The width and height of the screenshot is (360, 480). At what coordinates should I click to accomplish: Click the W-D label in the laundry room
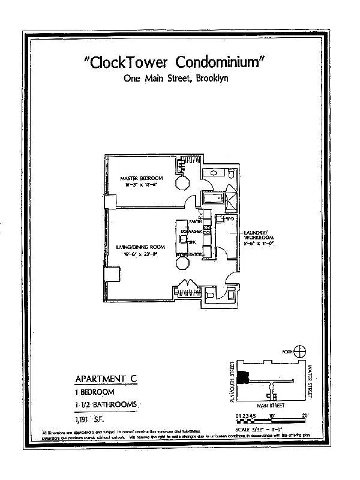(x=229, y=220)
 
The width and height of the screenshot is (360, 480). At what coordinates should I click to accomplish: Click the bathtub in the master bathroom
(x=212, y=199)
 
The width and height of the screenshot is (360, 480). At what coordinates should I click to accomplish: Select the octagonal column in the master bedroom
(x=182, y=183)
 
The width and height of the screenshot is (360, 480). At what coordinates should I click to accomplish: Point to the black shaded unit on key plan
(x=242, y=377)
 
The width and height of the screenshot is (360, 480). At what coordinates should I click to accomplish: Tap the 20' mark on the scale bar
(x=305, y=415)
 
